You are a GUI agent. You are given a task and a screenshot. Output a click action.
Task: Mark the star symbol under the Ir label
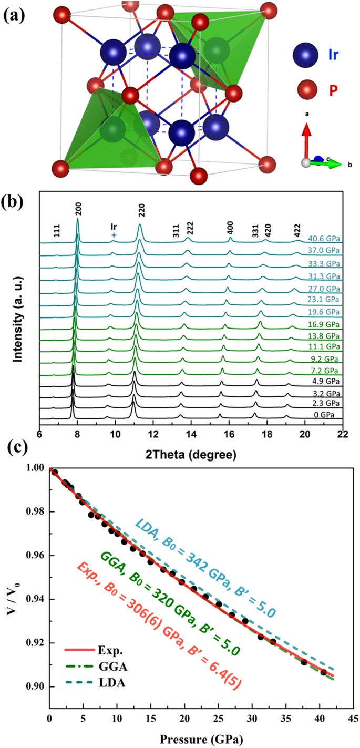(x=114, y=236)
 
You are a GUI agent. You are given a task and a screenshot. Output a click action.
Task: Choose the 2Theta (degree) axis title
(x=191, y=453)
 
